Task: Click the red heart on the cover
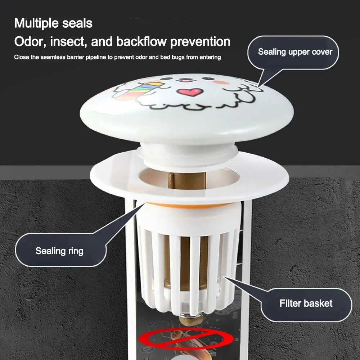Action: pyautogui.click(x=190, y=92)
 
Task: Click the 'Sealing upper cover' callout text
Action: pyautogui.click(x=295, y=51)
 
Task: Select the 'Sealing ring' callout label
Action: pyautogui.click(x=59, y=251)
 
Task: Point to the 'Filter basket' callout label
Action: pyautogui.click(x=306, y=303)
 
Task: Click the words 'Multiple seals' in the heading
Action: pyautogui.click(x=53, y=23)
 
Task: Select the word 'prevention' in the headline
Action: pyautogui.click(x=200, y=42)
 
